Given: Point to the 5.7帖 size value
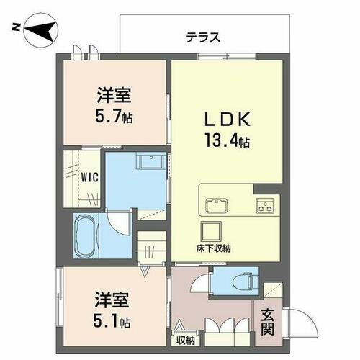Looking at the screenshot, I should pos(115,115).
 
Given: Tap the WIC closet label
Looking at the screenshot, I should pos(89,176).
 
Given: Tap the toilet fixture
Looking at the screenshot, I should pos(241,277).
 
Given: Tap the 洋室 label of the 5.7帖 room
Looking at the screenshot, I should pos(115,94).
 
